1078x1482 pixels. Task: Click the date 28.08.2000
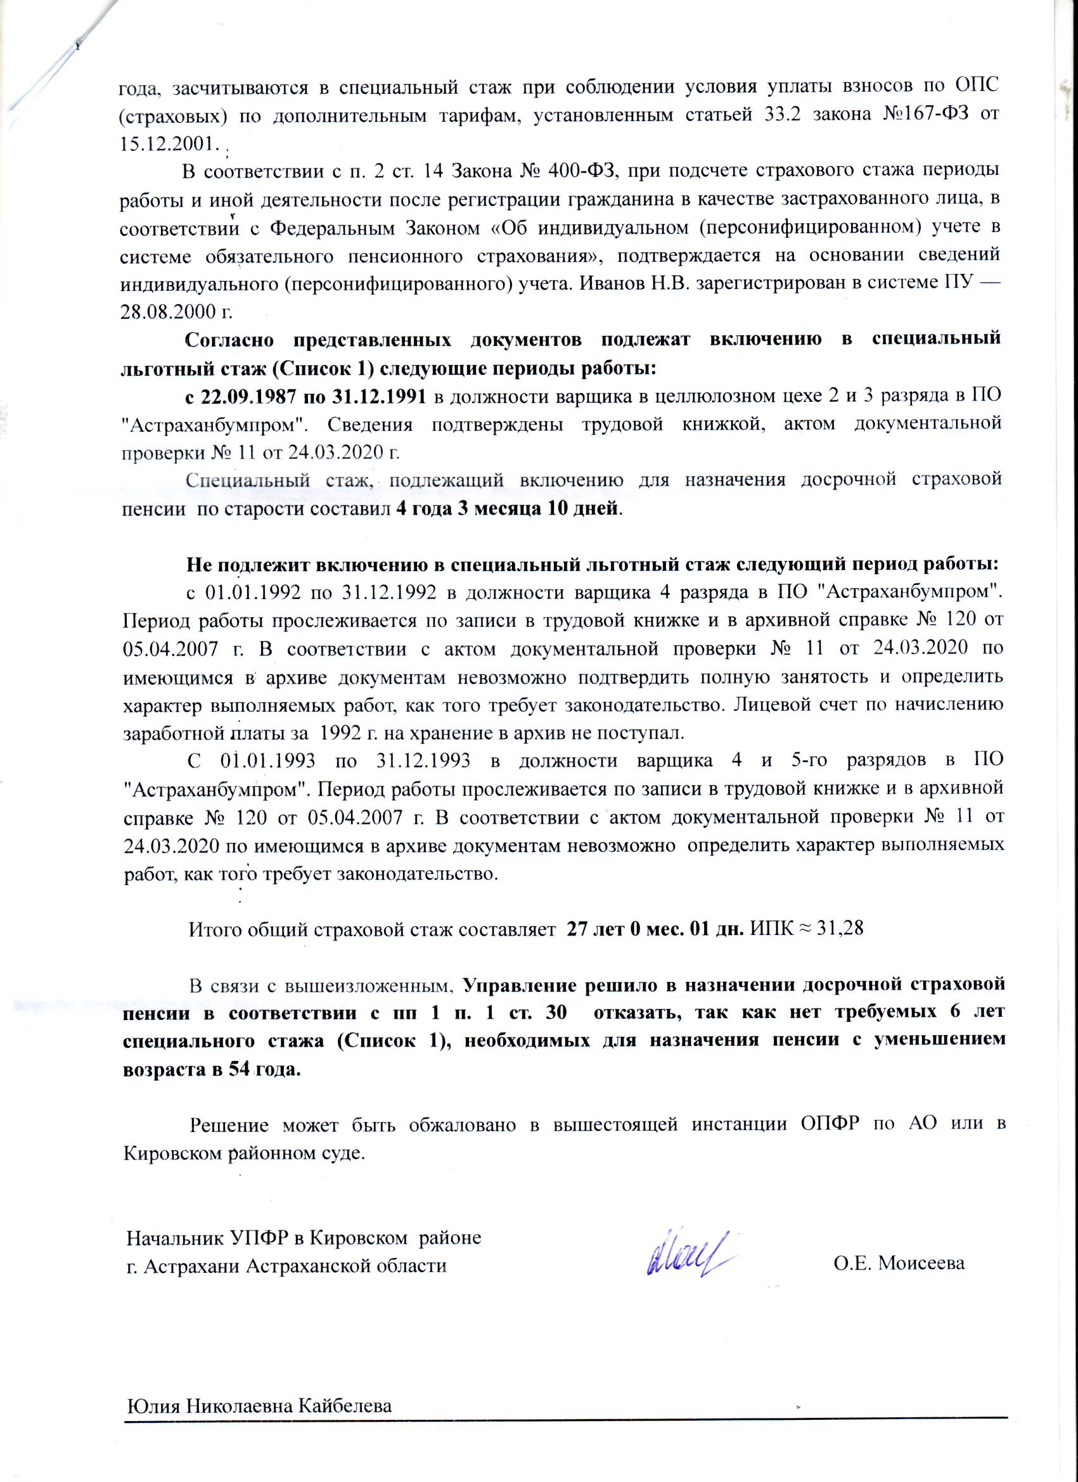tap(169, 311)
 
